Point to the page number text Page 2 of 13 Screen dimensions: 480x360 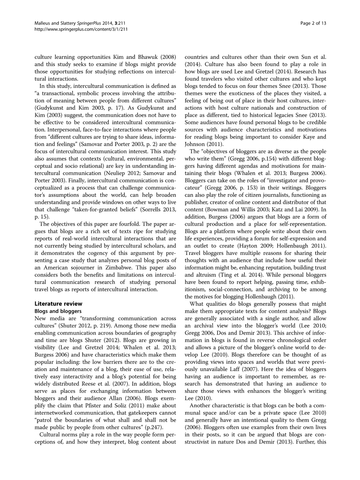[x=313, y=23]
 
